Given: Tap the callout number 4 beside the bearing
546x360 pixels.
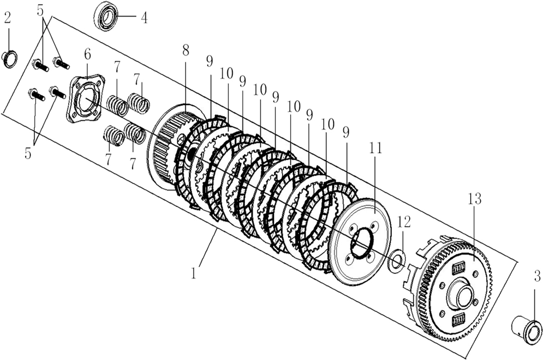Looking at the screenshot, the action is pyautogui.click(x=144, y=18).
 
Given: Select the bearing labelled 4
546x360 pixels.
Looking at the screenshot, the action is pyautogui.click(x=106, y=16).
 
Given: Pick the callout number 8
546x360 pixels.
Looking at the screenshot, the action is pyautogui.click(x=185, y=50).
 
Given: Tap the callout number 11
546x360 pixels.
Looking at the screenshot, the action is pyautogui.click(x=375, y=148).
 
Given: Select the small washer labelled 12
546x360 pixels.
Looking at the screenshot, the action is pyautogui.click(x=397, y=261).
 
